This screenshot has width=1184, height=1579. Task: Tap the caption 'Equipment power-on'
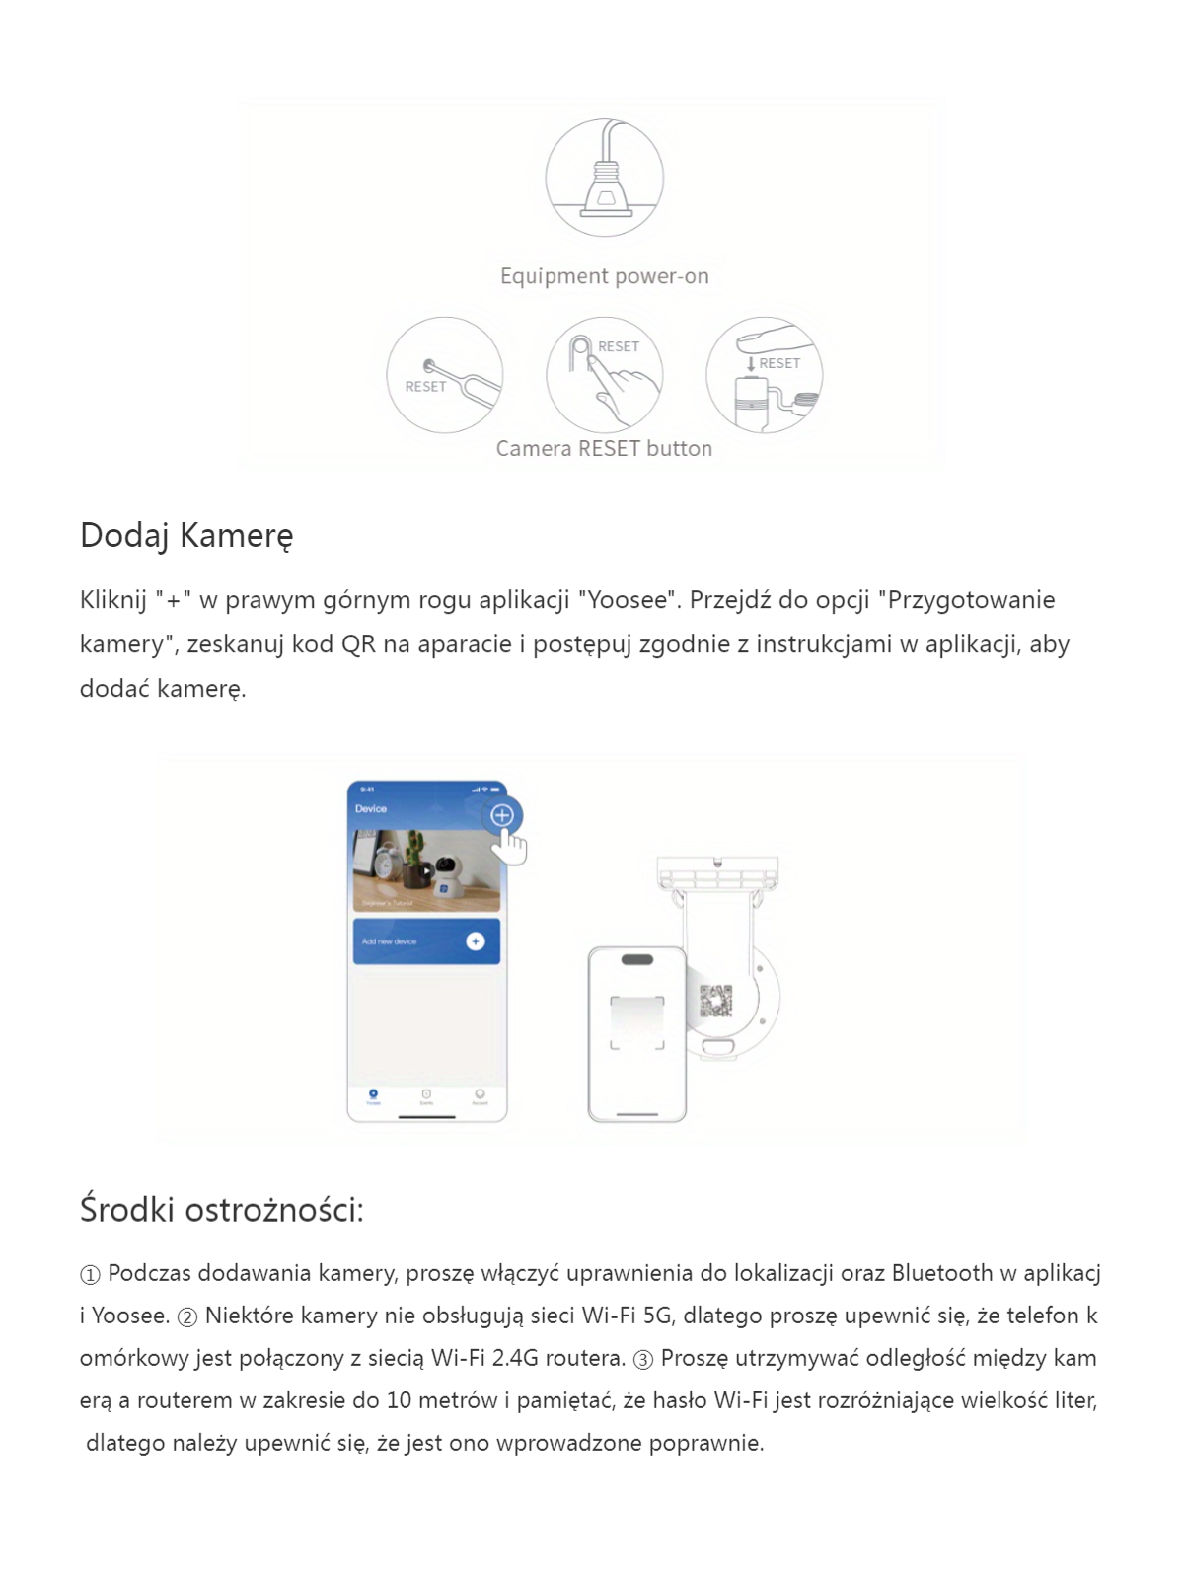[x=604, y=276]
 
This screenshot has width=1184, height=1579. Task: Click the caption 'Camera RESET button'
[x=604, y=449]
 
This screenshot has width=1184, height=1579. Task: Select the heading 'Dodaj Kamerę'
[x=186, y=535]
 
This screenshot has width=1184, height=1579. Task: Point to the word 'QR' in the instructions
[x=358, y=644]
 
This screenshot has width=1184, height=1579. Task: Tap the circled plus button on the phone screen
[x=502, y=815]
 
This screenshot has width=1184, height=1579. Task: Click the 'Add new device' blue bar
[x=426, y=941]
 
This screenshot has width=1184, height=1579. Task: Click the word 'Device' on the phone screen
[x=371, y=809]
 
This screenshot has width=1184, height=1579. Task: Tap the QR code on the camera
[x=716, y=1000]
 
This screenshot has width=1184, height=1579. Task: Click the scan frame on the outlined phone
[x=636, y=1022]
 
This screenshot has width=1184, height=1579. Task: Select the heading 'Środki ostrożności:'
[x=222, y=1210]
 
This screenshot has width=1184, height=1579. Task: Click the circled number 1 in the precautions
[x=90, y=1275]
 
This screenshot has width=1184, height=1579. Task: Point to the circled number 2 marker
[x=187, y=1317]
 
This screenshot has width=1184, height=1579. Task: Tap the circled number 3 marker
[x=643, y=1360]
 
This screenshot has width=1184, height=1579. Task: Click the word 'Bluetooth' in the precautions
[x=942, y=1273]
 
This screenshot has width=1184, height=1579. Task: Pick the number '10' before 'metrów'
[x=399, y=1400]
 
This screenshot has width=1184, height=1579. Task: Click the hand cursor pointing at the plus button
[x=511, y=846]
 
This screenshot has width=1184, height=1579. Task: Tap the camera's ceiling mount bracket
[x=717, y=874]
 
